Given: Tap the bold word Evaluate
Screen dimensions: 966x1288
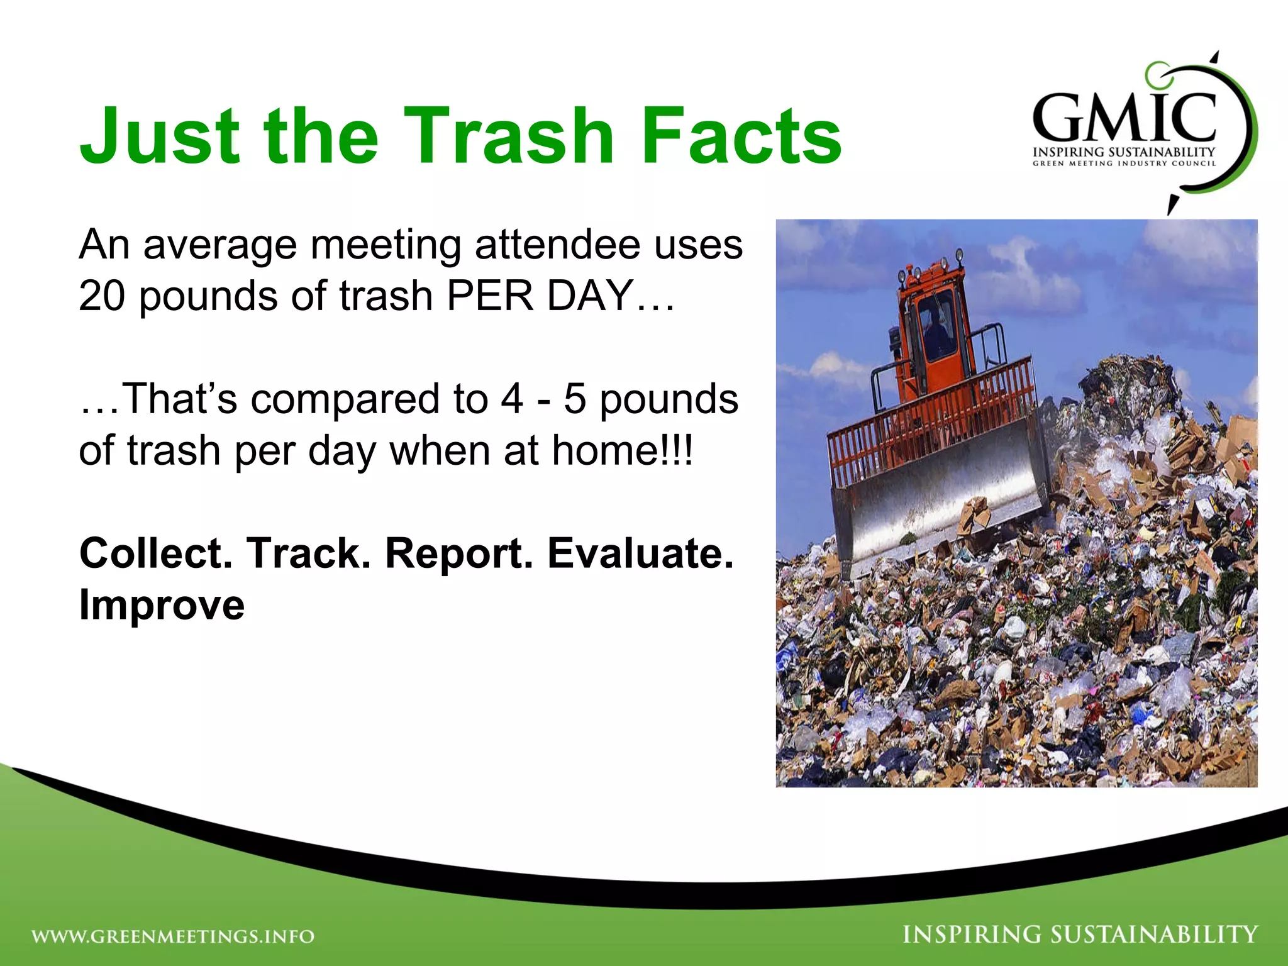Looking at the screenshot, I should (640, 553).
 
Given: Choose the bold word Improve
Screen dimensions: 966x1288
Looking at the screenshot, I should (162, 605).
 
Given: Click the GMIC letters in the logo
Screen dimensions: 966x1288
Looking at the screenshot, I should (1124, 118).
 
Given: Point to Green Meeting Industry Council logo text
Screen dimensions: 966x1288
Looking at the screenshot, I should (1124, 164).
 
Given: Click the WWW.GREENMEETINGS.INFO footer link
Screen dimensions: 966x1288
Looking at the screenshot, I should (173, 936).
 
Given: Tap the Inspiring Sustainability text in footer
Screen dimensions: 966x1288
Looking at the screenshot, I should (1080, 935).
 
